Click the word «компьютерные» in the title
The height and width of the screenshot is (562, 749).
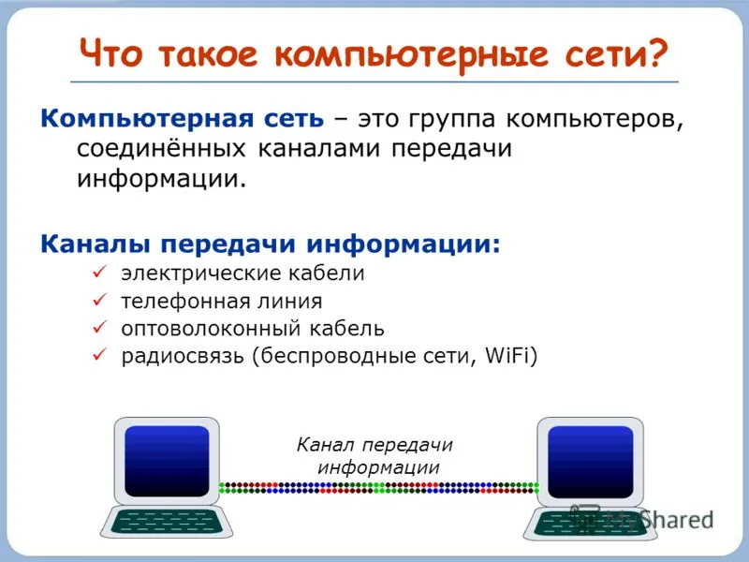[x=412, y=55]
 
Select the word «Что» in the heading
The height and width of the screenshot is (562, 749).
[x=110, y=52]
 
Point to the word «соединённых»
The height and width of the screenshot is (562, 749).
[x=161, y=149]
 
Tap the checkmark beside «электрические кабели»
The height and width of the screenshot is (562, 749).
[x=100, y=272]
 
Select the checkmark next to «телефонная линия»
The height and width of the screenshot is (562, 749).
[x=100, y=300]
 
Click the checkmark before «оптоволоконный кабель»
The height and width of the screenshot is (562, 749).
[x=100, y=327]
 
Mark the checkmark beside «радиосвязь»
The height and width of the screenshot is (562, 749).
[x=100, y=355]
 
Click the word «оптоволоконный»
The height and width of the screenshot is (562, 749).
[x=211, y=330]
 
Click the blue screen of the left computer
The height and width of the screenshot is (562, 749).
[x=167, y=461]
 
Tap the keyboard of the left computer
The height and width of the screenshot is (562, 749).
[x=167, y=522]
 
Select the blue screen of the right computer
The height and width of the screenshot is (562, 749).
[x=591, y=462]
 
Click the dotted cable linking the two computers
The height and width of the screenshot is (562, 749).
[x=379, y=488]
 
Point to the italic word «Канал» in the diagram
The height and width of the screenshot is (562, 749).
[x=326, y=445]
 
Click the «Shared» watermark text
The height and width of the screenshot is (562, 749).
[x=677, y=520]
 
